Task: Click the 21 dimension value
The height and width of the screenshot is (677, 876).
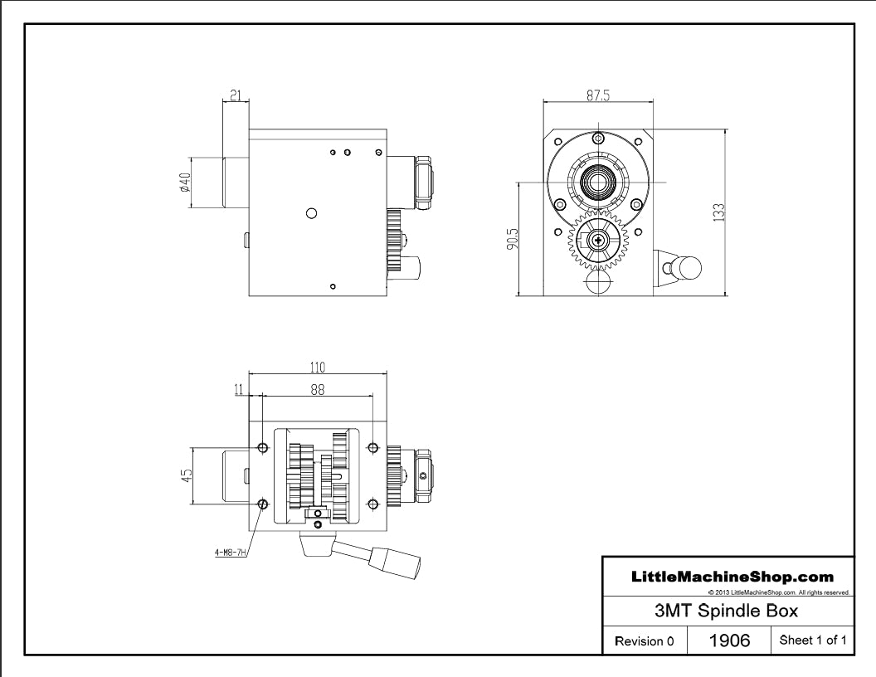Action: coord(235,96)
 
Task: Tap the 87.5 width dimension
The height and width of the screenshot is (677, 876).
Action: coord(597,95)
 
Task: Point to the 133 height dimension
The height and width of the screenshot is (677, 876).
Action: coord(719,212)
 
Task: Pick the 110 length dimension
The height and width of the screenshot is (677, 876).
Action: coord(317,368)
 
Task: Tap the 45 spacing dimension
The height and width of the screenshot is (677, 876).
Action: coord(187,475)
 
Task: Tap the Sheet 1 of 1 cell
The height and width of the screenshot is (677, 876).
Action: coord(809,640)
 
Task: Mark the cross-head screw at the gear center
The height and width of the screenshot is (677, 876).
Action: coord(596,241)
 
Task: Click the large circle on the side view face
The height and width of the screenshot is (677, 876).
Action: coord(311,213)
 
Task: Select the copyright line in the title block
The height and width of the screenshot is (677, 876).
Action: coord(778,592)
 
